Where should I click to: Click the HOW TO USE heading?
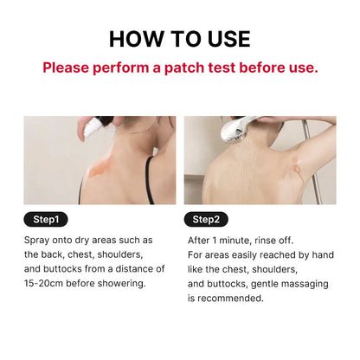click(180, 38)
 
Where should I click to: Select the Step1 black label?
click(50, 219)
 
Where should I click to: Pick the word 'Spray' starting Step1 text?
click(38, 240)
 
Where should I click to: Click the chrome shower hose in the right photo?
click(327, 164)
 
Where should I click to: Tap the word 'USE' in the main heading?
click(223, 38)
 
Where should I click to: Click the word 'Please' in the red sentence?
click(67, 67)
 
